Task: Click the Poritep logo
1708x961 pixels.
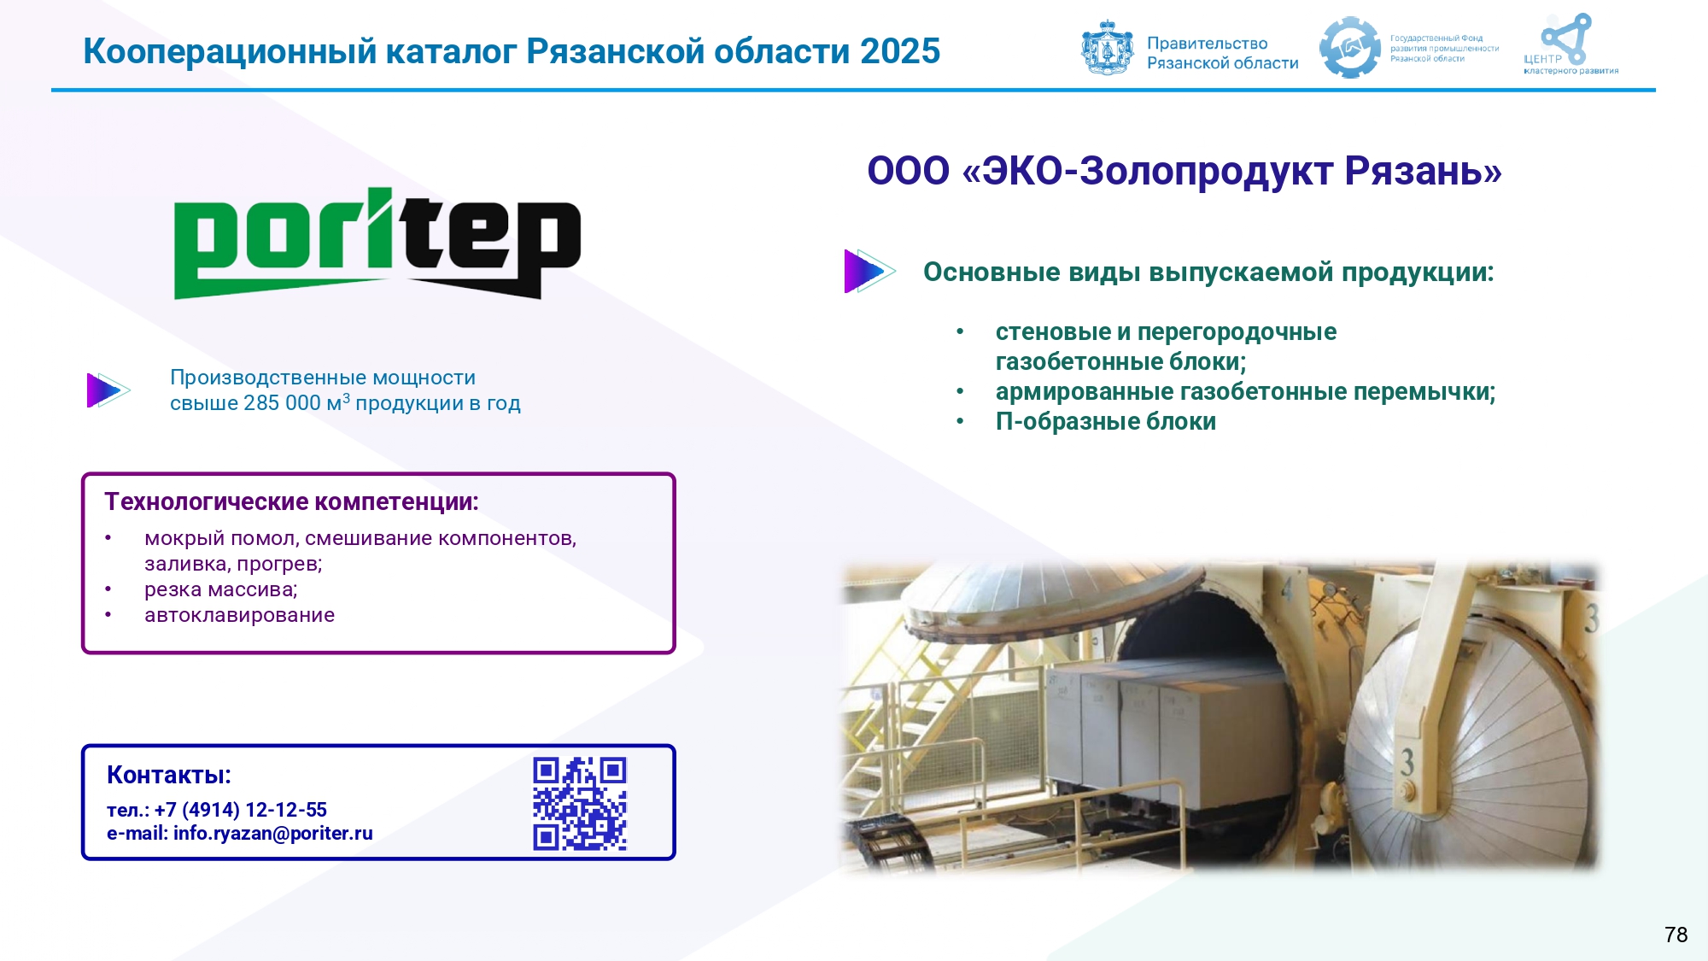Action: click(x=377, y=243)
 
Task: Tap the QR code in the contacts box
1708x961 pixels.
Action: click(x=580, y=804)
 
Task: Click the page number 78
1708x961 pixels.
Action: click(x=1676, y=935)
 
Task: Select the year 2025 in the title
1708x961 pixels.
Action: click(x=900, y=51)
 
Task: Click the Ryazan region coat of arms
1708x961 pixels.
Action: click(x=1108, y=48)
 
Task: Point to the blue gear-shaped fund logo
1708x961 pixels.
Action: click(x=1349, y=48)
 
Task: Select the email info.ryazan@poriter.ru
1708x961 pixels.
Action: click(x=273, y=834)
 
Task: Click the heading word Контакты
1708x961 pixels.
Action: click(x=169, y=775)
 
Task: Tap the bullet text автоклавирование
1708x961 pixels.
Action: click(x=239, y=615)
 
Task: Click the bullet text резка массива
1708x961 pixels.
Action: click(x=220, y=589)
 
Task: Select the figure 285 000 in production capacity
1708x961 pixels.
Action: click(x=282, y=403)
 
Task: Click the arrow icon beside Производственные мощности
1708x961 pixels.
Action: click(x=108, y=390)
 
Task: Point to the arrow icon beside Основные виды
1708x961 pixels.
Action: click(x=869, y=271)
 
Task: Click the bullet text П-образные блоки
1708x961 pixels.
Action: click(x=1106, y=421)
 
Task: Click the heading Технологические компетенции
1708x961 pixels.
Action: click(x=291, y=501)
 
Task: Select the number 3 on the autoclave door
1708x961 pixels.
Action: click(x=1407, y=762)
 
